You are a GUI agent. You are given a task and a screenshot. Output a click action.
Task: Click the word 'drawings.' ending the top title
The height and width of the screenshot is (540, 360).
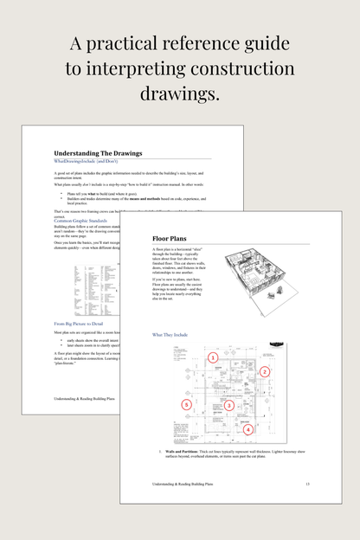[179, 93]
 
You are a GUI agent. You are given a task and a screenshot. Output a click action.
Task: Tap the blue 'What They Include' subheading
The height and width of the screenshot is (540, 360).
[175, 334]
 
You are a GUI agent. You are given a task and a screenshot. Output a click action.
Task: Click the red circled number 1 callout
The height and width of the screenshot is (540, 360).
[213, 357]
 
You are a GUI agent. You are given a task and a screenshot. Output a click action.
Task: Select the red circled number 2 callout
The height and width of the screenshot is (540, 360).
[265, 371]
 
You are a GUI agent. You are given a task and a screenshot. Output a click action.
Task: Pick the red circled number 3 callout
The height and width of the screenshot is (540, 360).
[228, 405]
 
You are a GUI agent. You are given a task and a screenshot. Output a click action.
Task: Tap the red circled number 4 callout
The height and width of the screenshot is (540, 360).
[247, 428]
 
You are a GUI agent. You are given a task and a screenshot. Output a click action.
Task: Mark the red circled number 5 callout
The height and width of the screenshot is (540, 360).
[185, 404]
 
